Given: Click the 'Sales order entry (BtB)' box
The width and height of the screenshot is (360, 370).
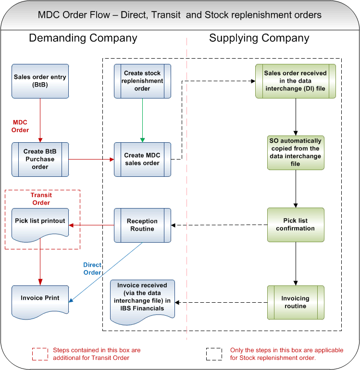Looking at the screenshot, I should [x=40, y=81].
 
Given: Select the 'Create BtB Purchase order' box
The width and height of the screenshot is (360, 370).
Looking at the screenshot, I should [x=40, y=159].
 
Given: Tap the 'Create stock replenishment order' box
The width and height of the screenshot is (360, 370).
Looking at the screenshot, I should [x=142, y=81].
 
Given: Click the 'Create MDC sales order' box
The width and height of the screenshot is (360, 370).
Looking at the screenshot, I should [x=142, y=159].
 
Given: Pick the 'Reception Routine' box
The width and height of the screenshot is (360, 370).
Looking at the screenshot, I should [x=142, y=225].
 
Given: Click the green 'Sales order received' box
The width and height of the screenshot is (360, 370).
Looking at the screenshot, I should [x=295, y=81].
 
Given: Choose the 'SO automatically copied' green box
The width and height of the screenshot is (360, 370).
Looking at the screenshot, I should [x=295, y=152].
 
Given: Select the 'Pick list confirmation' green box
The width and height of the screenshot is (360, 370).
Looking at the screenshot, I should [x=295, y=224].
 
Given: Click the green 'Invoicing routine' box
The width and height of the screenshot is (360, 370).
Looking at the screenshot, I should [x=295, y=302].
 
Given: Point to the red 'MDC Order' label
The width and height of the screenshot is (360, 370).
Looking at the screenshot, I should [x=20, y=126].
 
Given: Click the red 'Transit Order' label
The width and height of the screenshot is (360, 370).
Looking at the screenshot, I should [x=41, y=199].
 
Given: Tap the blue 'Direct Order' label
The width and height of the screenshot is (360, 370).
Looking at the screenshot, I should [x=92, y=269].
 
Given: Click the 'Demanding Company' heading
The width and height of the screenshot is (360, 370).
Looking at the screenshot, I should [x=83, y=38].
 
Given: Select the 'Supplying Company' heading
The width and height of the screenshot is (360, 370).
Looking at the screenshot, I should [x=259, y=38].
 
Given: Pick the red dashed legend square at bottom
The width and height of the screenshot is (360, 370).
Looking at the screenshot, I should [x=40, y=354].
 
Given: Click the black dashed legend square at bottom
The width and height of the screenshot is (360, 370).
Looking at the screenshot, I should [x=214, y=354].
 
